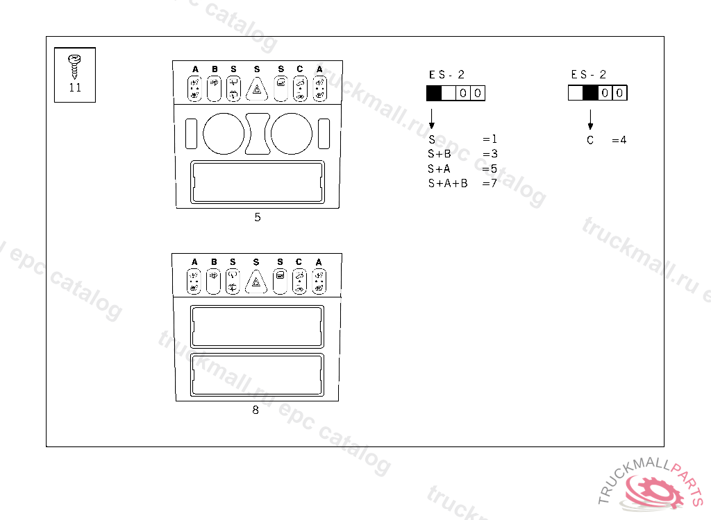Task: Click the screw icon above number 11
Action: (x=74, y=66)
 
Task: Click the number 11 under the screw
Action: (x=75, y=88)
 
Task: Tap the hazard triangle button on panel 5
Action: (x=257, y=89)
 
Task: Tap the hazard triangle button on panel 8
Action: (x=256, y=281)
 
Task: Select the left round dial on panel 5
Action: (x=224, y=134)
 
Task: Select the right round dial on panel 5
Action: (x=292, y=134)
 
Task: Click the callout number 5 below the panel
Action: (x=258, y=218)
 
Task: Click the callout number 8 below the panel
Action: (x=256, y=410)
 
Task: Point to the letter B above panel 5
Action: (x=215, y=69)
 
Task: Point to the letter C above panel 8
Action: (x=299, y=262)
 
